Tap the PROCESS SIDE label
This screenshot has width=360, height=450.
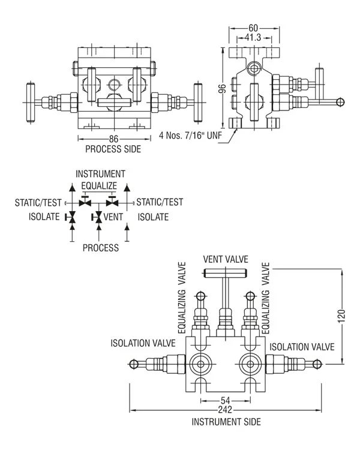pos(113,149)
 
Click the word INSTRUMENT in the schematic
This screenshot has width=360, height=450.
pos(100,173)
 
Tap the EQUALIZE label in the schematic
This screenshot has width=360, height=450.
pos(100,185)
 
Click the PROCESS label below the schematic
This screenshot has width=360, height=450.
pos(100,247)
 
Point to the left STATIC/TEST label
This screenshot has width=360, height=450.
pos(39,202)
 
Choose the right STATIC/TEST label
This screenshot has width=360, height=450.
pos(160,202)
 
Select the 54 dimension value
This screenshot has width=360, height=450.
pos(225,400)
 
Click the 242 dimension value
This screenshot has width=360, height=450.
pos(225,410)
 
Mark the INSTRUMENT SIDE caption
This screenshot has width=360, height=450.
pos(226,422)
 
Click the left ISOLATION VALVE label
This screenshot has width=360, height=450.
pos(143,344)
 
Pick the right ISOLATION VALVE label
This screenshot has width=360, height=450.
pos(301,347)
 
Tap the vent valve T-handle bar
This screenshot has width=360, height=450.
pos(226,274)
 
